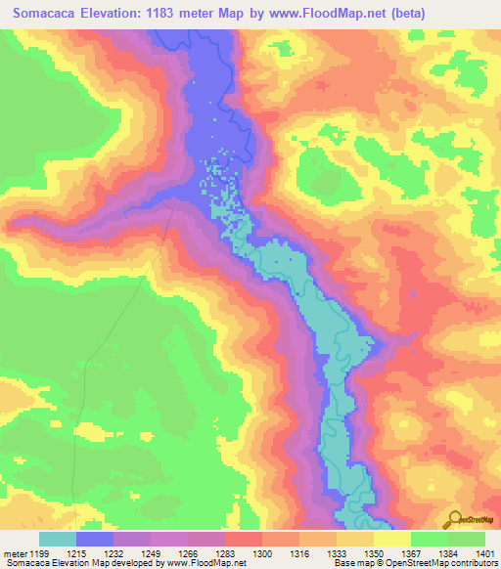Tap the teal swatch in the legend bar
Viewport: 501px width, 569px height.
[x=58, y=539]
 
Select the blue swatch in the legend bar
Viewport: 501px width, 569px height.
[x=95, y=539]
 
